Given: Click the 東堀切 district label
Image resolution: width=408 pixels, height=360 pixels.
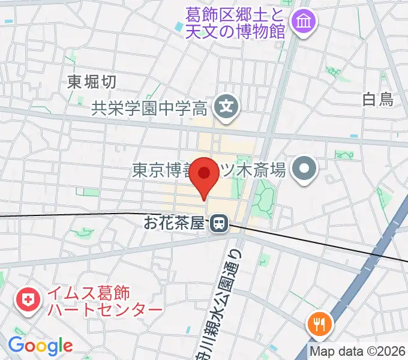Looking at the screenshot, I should tap(92, 82).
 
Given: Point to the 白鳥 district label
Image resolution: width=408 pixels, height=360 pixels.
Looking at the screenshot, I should tap(379, 100).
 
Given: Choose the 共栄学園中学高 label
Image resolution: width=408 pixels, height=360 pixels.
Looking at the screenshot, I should tap(149, 109).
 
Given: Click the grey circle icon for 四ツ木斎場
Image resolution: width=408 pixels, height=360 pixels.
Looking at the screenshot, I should tap(304, 170).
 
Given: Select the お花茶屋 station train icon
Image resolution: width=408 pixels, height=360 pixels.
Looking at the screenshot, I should tap(219, 224).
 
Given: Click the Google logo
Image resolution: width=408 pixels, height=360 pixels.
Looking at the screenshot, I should tap(40, 345).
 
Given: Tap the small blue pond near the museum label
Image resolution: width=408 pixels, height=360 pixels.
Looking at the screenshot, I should tap(179, 27).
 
